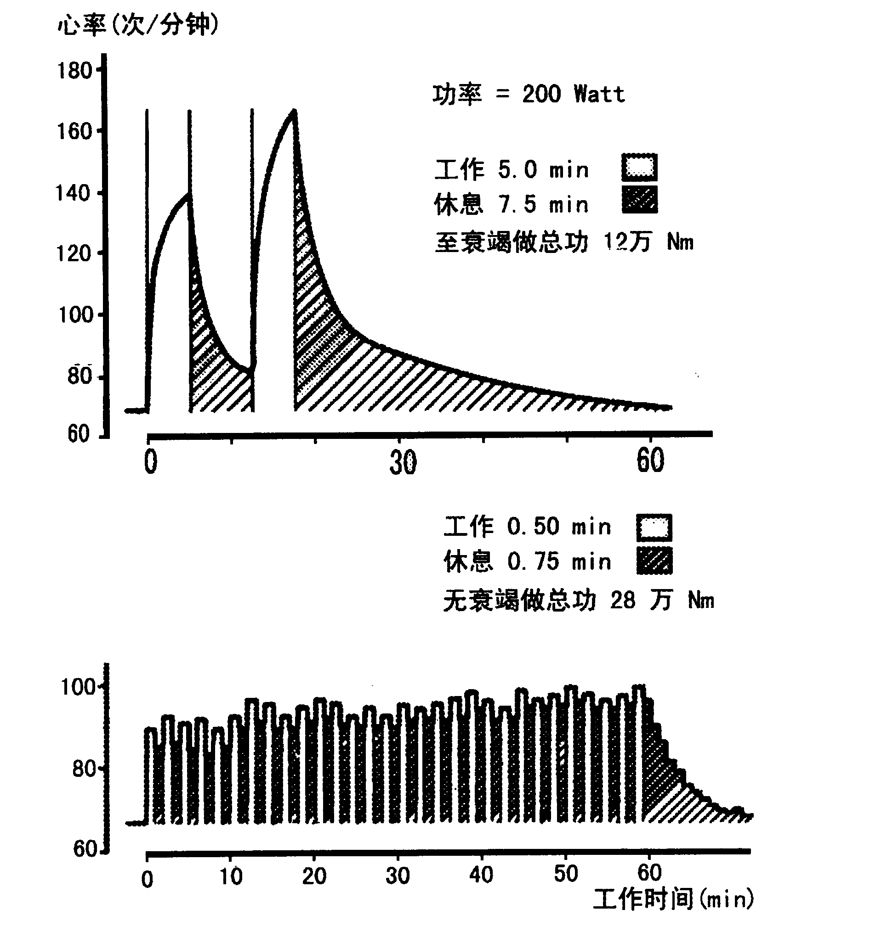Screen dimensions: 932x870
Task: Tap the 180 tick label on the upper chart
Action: click(x=74, y=71)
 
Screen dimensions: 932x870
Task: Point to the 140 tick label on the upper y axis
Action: click(x=73, y=193)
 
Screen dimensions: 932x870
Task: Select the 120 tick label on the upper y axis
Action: click(x=74, y=254)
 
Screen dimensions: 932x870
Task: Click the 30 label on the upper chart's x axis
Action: click(x=403, y=463)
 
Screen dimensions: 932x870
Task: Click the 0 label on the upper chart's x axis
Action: click(x=151, y=462)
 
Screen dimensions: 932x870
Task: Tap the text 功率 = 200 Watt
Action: click(x=529, y=94)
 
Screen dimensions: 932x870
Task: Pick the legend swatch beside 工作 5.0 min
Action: click(x=639, y=168)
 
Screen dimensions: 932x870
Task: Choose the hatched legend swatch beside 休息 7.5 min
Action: click(x=639, y=200)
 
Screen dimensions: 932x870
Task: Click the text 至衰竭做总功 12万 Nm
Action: click(x=563, y=242)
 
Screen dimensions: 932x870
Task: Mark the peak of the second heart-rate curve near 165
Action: click(x=294, y=111)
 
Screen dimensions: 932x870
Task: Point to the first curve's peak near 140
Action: click(x=188, y=194)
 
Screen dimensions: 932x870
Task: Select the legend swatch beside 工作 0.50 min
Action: click(x=654, y=528)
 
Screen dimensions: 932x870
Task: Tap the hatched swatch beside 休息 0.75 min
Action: click(x=654, y=561)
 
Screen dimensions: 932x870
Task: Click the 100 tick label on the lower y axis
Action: click(x=78, y=687)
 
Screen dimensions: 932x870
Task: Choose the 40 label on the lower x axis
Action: click(x=482, y=875)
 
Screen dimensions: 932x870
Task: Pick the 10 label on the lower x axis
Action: click(x=231, y=876)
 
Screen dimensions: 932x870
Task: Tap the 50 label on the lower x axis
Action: click(x=565, y=874)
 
